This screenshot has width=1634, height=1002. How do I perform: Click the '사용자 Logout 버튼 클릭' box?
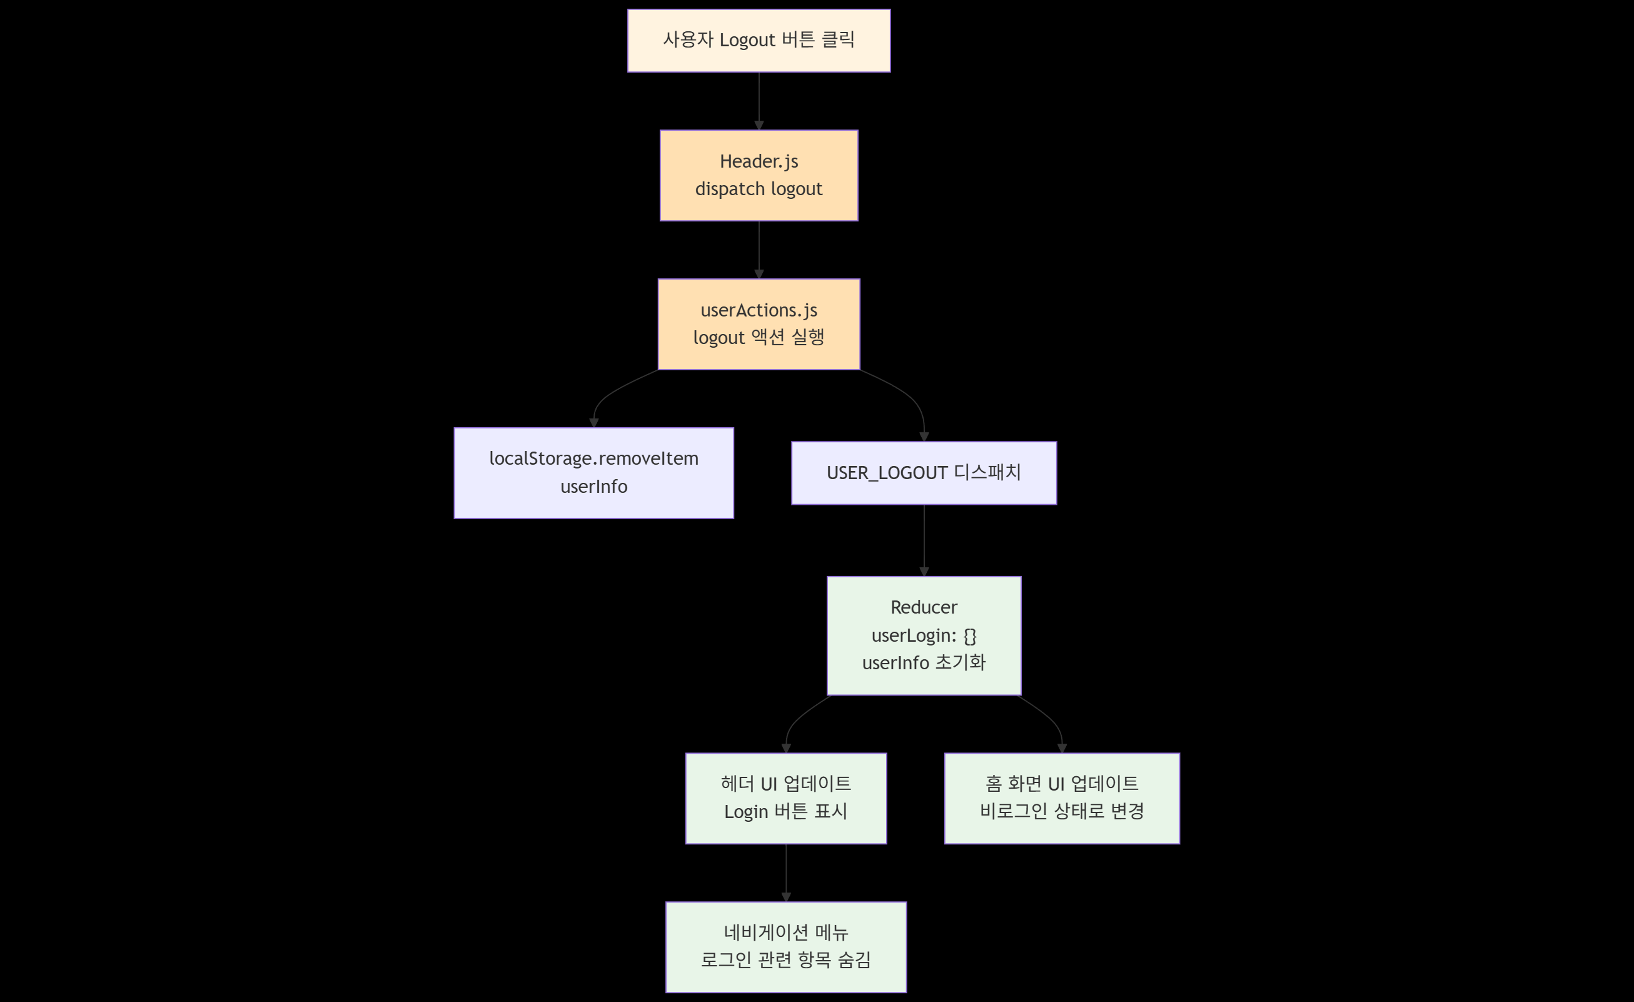759,41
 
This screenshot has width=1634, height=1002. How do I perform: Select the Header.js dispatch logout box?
759,175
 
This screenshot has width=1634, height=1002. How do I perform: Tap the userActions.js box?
759,323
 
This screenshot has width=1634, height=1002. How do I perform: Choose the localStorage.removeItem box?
593,473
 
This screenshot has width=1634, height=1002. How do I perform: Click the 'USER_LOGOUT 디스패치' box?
924,473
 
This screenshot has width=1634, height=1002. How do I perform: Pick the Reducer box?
924,635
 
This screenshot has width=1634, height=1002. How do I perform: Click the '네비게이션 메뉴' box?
786,946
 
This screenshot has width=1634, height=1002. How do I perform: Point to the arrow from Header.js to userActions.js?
759,250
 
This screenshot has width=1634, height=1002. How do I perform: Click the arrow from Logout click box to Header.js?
759,101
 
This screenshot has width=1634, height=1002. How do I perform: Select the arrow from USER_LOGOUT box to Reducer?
924,540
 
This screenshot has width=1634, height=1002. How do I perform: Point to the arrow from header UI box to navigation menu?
786,872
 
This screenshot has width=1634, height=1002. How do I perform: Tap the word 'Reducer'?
924,607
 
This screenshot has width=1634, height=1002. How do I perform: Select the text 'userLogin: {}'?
924,635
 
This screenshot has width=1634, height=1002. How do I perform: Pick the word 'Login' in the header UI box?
745,812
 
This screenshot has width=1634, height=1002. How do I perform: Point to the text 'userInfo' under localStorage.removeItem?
593,487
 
